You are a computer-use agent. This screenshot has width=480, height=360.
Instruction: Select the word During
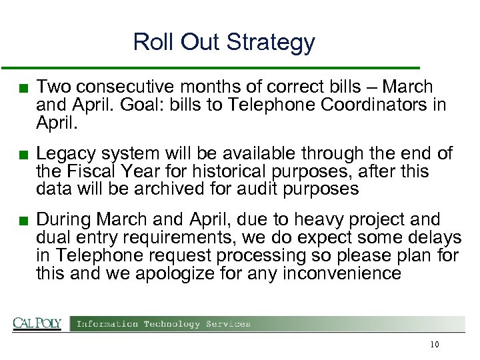point(63,220)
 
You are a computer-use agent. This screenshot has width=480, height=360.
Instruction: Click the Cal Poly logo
point(37,324)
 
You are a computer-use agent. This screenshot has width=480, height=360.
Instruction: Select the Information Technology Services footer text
point(164,324)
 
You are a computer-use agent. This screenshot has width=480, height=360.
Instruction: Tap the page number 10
point(435,345)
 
